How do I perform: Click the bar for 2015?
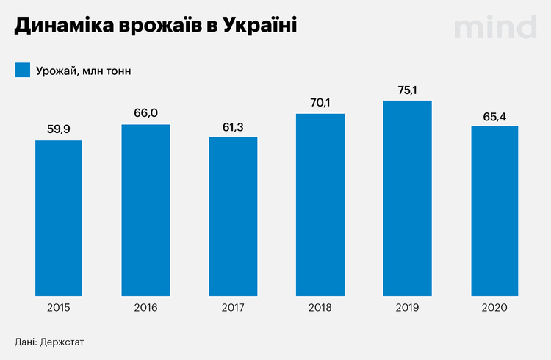tap(59, 217)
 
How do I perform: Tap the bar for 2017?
tap(233, 215)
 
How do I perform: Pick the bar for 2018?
tap(320, 204)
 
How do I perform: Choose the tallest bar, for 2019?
tap(407, 198)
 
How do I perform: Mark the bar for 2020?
tap(494, 210)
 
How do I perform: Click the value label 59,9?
tap(59, 129)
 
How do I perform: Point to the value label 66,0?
tap(145, 113)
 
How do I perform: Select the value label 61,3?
tap(233, 126)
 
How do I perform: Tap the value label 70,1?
tap(320, 102)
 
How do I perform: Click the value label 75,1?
tap(407, 89)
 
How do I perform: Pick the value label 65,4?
tap(494, 115)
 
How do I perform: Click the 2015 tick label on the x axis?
tap(59, 307)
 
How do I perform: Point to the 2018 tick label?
tap(320, 307)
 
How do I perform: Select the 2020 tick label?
tap(494, 307)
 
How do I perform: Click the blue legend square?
tap(21, 71)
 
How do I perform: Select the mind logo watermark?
tap(494, 26)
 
